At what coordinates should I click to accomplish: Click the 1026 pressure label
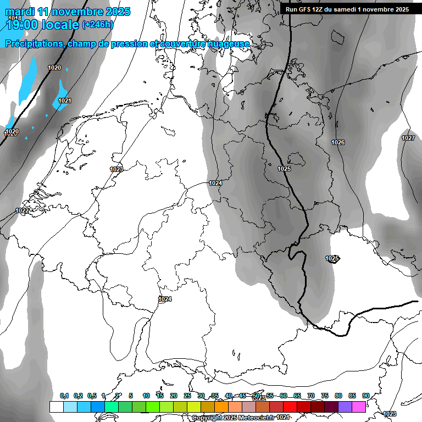[338, 143]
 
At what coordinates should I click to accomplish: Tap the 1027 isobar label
[408, 138]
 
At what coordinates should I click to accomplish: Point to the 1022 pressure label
[22, 211]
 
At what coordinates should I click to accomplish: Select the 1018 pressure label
[15, 19]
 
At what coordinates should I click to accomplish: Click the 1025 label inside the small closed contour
[332, 258]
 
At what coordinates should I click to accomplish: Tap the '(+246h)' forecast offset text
[98, 25]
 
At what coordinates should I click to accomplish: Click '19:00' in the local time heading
[21, 25]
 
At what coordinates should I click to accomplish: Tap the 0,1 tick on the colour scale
[64, 396]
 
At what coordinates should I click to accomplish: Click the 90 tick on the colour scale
[366, 396]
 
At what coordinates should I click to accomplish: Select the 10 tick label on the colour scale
[146, 396]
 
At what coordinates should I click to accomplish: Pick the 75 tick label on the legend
[325, 396]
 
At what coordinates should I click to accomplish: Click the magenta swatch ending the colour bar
[359, 407]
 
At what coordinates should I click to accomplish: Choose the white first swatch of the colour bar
[56, 407]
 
